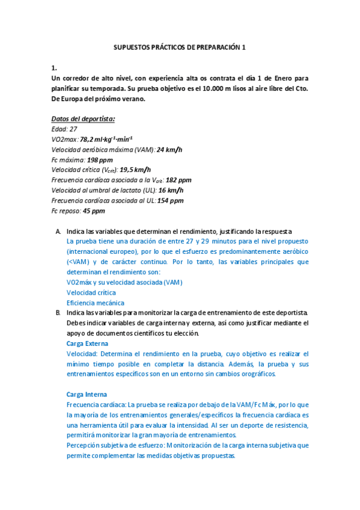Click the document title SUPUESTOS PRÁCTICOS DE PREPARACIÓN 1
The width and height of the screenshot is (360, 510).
[180, 46]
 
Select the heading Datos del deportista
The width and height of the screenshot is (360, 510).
[83, 118]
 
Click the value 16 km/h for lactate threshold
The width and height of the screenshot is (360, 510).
[171, 190]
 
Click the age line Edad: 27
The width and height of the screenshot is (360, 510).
[64, 129]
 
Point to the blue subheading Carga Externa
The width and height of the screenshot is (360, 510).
[87, 343]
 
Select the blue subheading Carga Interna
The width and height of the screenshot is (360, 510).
[87, 395]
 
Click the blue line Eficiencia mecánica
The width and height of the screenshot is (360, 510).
[96, 303]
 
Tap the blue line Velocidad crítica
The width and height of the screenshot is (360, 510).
[90, 293]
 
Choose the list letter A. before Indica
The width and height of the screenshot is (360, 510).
[58, 232]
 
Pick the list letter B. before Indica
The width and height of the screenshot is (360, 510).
[58, 313]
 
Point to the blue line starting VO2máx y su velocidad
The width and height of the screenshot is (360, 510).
[124, 282]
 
